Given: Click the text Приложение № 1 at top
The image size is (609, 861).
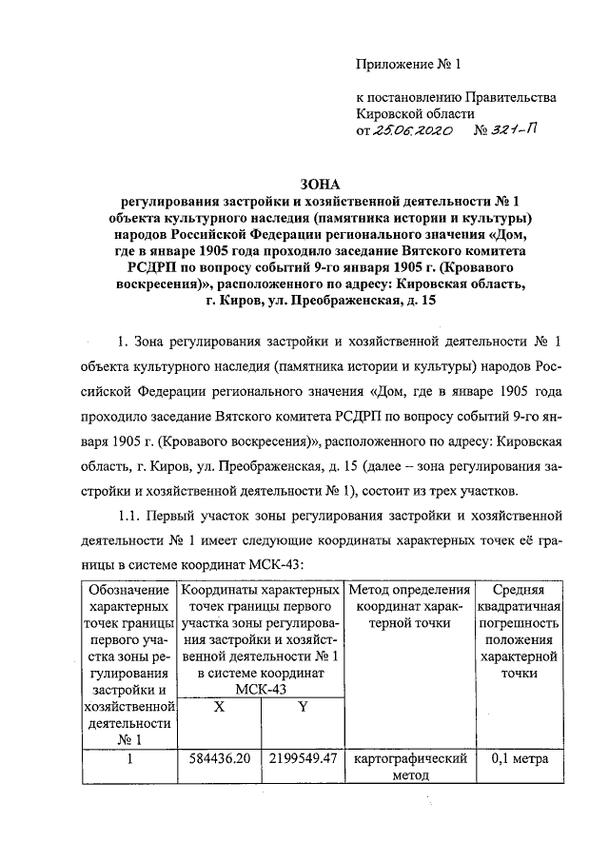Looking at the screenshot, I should pos(407,66).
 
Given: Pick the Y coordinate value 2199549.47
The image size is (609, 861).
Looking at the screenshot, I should pos(304,759).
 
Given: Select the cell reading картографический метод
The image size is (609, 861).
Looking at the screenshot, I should pos(408,767).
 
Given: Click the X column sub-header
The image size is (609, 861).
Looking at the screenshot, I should pos(219,707).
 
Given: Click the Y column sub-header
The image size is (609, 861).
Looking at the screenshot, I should pos(303,707).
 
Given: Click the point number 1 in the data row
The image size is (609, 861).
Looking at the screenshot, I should pos(128,759).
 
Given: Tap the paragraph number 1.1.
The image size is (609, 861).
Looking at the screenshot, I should pos(127,517).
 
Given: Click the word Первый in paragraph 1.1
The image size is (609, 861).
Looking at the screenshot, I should pos(178,517).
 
